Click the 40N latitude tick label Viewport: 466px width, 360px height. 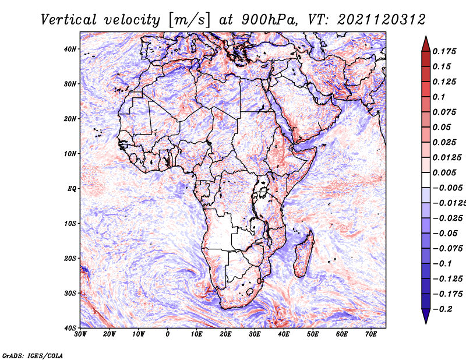point(70,49)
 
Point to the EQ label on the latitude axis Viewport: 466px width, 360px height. point(72,189)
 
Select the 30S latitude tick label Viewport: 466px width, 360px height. point(70,294)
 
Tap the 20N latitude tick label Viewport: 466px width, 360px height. point(70,119)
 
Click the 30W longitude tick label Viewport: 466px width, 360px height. point(80,334)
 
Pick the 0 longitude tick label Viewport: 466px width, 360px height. point(168,334)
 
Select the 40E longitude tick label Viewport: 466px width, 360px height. point(284,334)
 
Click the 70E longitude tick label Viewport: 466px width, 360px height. point(371,334)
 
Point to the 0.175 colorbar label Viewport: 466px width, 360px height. point(444,51)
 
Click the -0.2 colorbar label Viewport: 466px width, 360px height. point(442,309)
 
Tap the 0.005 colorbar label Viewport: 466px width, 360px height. point(444,172)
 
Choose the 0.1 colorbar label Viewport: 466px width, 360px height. point(439,97)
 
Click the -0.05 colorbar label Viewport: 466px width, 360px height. point(445,234)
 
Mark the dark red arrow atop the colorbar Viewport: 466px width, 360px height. point(426,44)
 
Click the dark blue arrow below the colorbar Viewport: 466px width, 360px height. point(426,316)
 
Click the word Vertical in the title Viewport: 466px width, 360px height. point(69,20)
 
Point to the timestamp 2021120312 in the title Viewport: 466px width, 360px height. point(382,20)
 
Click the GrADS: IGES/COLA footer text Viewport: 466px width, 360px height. point(33,355)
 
